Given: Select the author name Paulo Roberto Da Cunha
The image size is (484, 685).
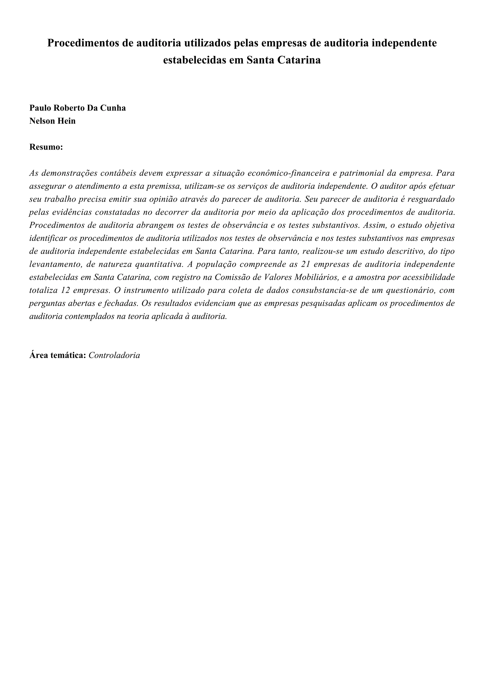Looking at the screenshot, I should [78, 108].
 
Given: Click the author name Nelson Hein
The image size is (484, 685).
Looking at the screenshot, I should [52, 121].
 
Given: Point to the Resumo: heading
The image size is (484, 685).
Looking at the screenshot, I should [46, 147].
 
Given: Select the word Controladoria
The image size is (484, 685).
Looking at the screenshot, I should [114, 355].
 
